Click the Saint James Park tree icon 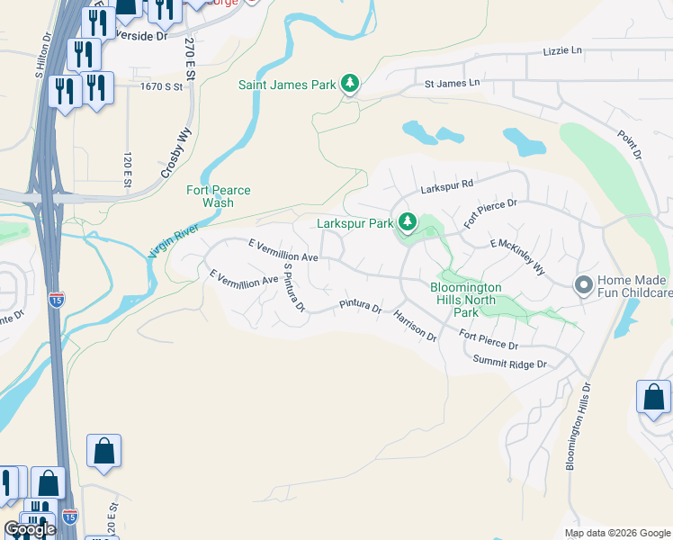(x=350, y=85)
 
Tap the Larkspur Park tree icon (x=408, y=221)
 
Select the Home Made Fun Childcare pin (x=583, y=285)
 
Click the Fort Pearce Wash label (x=219, y=196)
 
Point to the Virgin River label (x=173, y=242)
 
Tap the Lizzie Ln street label (x=562, y=51)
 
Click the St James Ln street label (x=453, y=84)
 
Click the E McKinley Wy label (x=517, y=256)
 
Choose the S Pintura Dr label (x=294, y=287)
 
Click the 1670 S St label (x=161, y=86)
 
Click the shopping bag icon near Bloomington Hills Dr (x=653, y=398)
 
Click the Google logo (x=30, y=529)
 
